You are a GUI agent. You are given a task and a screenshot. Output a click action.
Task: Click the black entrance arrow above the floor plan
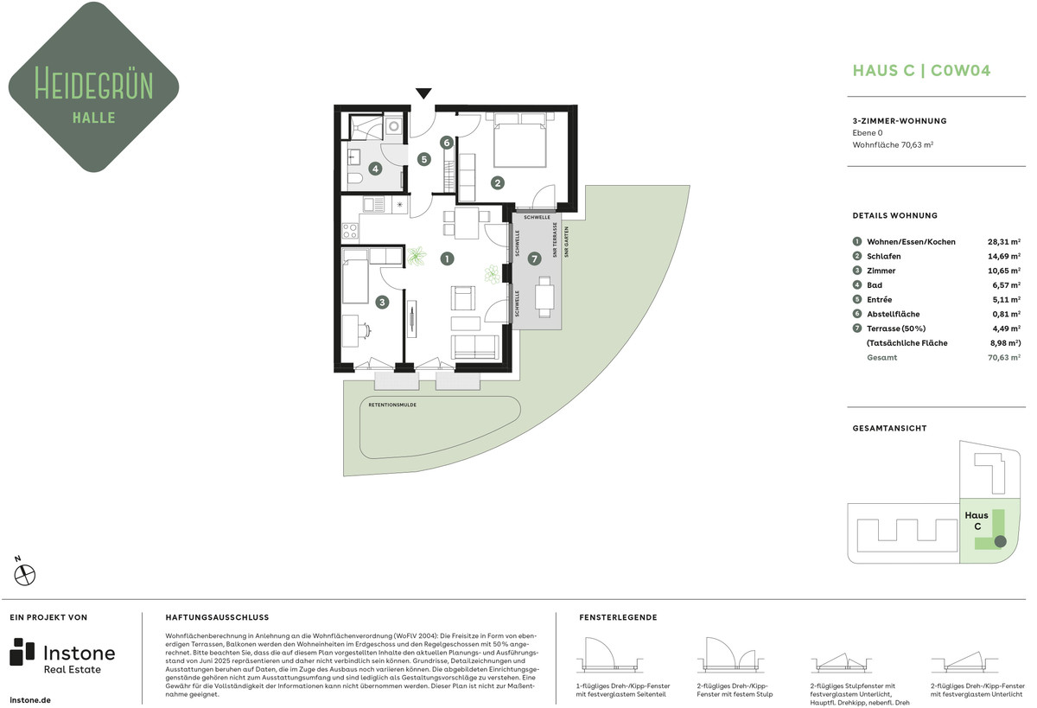(423, 93)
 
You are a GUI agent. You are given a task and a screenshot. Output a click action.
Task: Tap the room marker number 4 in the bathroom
(375, 169)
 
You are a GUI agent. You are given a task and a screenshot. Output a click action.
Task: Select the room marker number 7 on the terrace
(534, 258)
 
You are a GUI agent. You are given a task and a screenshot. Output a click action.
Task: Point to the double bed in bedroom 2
(520, 140)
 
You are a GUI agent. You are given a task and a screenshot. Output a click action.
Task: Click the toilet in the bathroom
(354, 178)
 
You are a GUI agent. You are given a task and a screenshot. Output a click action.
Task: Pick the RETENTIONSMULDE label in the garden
(392, 405)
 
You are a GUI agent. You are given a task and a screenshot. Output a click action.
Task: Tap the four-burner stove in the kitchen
(350, 230)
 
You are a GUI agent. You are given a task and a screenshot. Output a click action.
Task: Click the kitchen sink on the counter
(373, 204)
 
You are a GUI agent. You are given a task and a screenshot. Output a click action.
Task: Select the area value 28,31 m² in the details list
(1003, 242)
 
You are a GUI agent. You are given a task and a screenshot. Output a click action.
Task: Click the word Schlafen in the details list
(884, 256)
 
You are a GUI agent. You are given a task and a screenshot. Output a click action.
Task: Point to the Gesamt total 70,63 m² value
(1003, 358)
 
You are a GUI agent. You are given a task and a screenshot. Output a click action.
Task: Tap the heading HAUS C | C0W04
(921, 70)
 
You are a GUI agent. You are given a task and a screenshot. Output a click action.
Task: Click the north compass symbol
(24, 575)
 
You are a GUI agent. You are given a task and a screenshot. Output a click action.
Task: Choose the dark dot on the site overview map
(1000, 541)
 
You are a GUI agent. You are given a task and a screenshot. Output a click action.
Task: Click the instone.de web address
(30, 700)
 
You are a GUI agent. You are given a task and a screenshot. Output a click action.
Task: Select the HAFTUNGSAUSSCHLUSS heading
(217, 617)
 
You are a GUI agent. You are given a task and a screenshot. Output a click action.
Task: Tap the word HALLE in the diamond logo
(94, 118)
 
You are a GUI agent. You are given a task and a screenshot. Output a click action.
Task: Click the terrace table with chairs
(544, 297)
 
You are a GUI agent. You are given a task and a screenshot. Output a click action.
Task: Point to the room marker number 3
(382, 303)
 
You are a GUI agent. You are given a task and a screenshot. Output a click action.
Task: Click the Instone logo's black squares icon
(22, 652)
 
